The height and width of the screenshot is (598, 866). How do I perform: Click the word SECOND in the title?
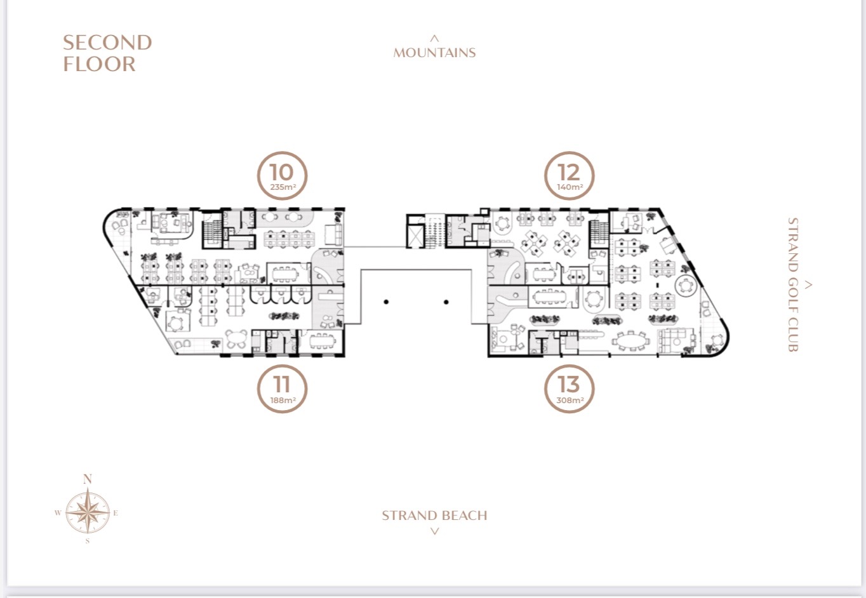107,43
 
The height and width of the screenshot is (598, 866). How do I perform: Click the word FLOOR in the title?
99,64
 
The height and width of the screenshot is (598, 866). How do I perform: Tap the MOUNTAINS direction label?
434,53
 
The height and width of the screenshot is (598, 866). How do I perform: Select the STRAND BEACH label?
434,515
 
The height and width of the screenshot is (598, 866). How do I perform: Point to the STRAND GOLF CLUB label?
793,285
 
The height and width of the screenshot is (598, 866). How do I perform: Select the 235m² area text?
283,187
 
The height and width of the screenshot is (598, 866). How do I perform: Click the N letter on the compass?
88,479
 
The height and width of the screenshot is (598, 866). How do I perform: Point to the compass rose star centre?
88,513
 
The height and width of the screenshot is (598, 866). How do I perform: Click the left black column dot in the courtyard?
386,302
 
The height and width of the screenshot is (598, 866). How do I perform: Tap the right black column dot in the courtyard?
446,302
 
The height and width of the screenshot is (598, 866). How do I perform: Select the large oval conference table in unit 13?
631,342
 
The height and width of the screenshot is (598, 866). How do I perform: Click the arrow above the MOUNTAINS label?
434,38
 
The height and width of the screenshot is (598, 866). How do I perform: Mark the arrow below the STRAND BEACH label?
435,531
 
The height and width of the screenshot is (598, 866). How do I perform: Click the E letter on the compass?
116,514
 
